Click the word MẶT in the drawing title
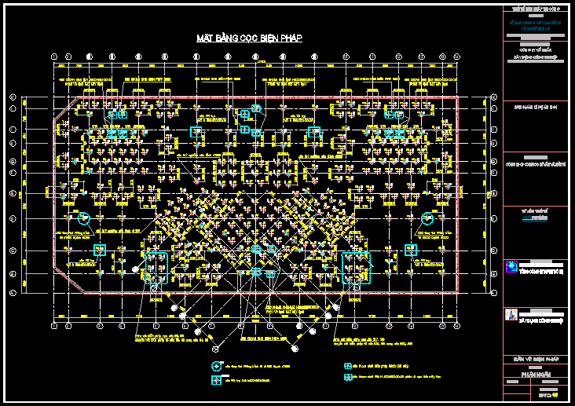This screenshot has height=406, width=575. pyautogui.click(x=205, y=38)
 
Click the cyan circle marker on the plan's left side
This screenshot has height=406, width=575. pyautogui.click(x=84, y=218)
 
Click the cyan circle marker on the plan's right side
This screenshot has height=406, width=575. pyautogui.click(x=427, y=218)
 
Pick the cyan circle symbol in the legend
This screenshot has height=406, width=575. pyautogui.click(x=216, y=366)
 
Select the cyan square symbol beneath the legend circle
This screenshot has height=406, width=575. pyautogui.click(x=216, y=380)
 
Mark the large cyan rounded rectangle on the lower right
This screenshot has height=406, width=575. pyautogui.click(x=355, y=268)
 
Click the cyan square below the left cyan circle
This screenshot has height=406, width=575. pyautogui.click(x=100, y=250)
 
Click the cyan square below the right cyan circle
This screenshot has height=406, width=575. pyautogui.click(x=410, y=250)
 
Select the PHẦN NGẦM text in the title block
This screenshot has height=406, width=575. pyautogui.click(x=534, y=375)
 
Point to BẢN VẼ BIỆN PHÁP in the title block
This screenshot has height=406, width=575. pyautogui.click(x=534, y=360)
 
